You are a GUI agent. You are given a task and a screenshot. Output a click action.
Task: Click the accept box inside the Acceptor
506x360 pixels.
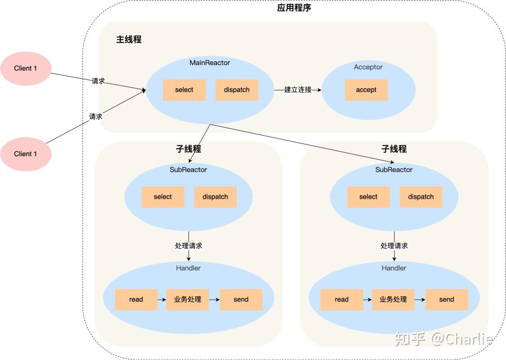pyautogui.click(x=366, y=90)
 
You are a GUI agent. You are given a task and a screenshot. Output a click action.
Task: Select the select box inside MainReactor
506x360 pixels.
pyautogui.click(x=184, y=90)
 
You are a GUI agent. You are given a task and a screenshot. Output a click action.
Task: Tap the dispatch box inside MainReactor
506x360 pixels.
pyautogui.click(x=237, y=90)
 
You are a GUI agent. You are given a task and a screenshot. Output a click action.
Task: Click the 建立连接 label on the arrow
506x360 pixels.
pyautogui.click(x=298, y=89)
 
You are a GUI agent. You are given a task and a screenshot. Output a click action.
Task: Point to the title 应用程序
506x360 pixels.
pyautogui.click(x=294, y=8)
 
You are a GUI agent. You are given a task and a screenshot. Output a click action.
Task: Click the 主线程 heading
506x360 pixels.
pyautogui.click(x=129, y=39)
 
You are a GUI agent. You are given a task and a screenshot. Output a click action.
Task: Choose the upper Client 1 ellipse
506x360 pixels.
pyautogui.click(x=25, y=68)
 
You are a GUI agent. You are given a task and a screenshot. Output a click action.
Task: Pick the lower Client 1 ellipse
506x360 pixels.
pyautogui.click(x=25, y=154)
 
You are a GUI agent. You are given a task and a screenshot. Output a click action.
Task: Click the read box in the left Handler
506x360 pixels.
pyautogui.click(x=136, y=300)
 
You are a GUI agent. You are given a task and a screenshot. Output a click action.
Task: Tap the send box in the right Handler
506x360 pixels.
pyautogui.click(x=446, y=300)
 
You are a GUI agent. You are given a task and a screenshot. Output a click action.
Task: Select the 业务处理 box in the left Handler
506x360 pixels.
pyautogui.click(x=187, y=300)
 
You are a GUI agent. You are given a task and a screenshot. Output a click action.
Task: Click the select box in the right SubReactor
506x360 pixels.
pyautogui.click(x=368, y=197)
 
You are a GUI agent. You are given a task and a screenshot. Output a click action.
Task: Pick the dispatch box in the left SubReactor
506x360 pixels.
pyautogui.click(x=215, y=197)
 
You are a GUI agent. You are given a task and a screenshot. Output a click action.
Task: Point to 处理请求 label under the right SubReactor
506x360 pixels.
pyautogui.click(x=394, y=246)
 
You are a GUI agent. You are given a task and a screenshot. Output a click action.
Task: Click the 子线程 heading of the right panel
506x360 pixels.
pyautogui.click(x=394, y=149)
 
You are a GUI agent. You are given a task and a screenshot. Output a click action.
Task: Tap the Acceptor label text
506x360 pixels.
pyautogui.click(x=368, y=67)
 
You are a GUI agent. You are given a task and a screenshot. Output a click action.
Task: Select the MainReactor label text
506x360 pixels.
pyautogui.click(x=210, y=62)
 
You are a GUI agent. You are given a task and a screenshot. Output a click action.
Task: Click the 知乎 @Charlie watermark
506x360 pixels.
pyautogui.click(x=443, y=338)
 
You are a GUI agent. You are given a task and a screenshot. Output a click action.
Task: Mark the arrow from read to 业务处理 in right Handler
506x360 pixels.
pyautogui.click(x=367, y=300)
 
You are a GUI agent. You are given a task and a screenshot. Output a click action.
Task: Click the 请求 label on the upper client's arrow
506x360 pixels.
pyautogui.click(x=98, y=81)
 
